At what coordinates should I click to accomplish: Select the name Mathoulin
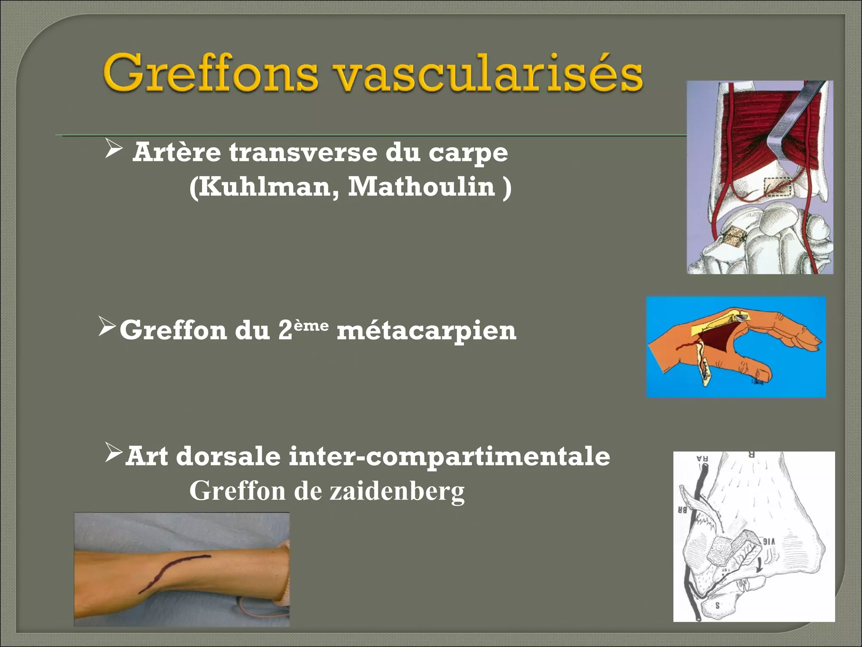click(x=421, y=187)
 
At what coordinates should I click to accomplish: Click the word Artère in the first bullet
click(x=176, y=152)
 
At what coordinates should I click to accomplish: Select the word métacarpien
click(x=426, y=331)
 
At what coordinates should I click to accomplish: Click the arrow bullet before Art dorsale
click(x=113, y=453)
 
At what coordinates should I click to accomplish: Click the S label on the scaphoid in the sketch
click(x=717, y=606)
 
